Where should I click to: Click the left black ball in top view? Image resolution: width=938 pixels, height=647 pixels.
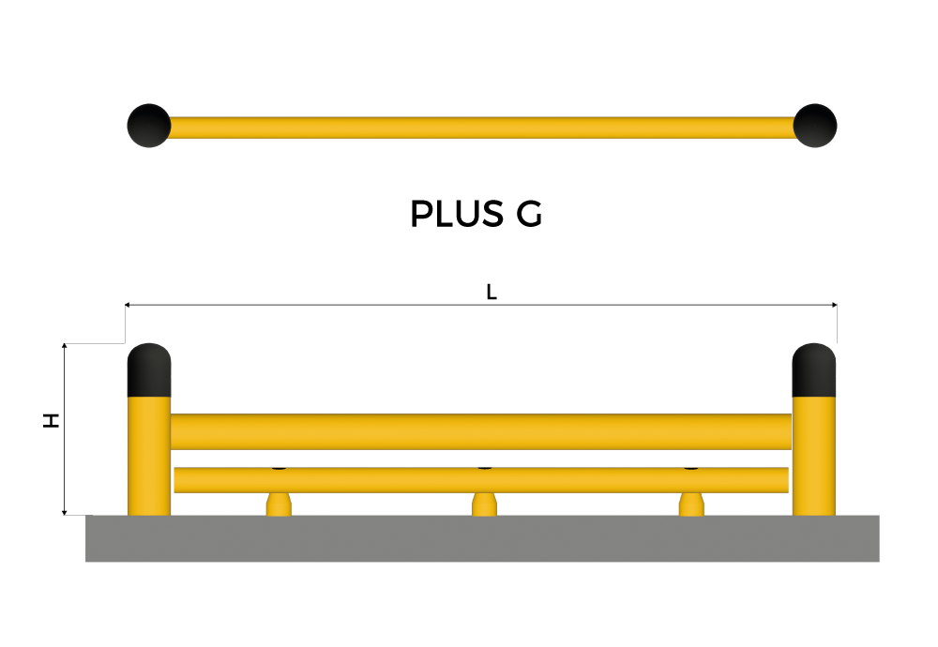149,126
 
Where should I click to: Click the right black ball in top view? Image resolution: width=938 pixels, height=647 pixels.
815,126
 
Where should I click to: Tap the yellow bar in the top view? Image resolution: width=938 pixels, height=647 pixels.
482,128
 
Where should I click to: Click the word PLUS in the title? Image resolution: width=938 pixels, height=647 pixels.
457,214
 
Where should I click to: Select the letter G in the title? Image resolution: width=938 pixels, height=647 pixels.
529,214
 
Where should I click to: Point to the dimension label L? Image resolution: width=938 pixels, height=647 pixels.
492,292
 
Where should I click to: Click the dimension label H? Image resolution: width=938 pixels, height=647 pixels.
52,420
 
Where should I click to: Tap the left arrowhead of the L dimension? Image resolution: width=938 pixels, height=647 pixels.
128,305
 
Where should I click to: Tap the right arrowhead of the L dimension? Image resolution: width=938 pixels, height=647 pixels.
834,305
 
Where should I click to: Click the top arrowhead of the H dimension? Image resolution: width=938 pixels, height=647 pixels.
64,347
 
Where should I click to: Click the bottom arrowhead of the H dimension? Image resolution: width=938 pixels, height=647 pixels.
64,511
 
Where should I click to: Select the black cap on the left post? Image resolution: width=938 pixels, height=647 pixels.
149,370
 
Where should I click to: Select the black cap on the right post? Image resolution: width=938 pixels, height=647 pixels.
813,370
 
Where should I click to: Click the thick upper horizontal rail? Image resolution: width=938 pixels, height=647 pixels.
481,431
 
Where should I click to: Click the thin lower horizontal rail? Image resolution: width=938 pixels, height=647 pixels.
481,480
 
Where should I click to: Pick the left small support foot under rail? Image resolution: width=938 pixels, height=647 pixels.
279,504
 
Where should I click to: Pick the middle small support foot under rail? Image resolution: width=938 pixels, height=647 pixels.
484,504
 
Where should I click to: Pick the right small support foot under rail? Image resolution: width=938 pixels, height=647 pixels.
691,504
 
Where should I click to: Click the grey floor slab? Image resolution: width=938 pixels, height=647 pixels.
482,538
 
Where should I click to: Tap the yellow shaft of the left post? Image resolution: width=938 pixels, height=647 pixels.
149,456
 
